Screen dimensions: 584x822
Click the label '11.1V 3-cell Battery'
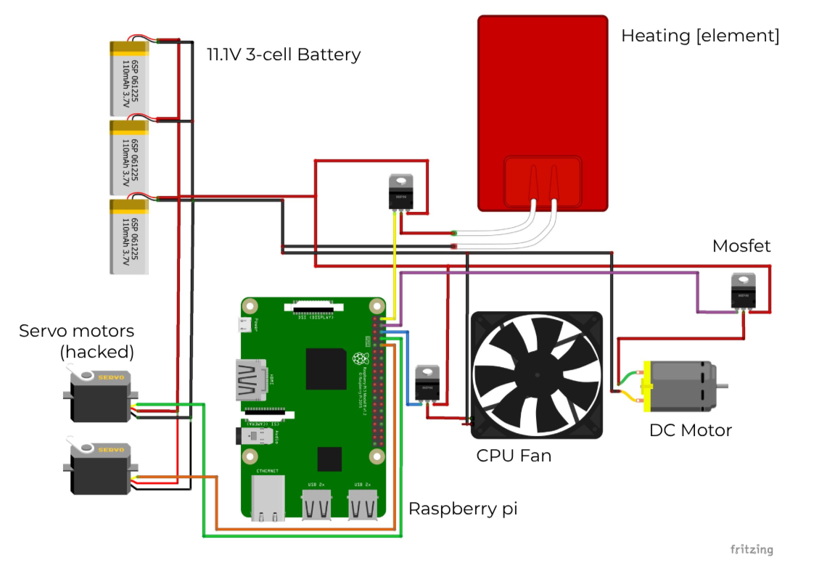click(x=283, y=54)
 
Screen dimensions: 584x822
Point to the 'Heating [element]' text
click(x=699, y=36)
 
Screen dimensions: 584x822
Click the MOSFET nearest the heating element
click(x=400, y=190)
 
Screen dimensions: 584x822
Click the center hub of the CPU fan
click(x=537, y=374)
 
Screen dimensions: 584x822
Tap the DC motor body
click(x=678, y=382)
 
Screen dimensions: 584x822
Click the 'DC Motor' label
click(x=690, y=430)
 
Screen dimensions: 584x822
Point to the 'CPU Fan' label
click(x=514, y=456)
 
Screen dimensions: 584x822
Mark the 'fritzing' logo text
click(x=751, y=549)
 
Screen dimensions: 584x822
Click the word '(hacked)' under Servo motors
click(x=96, y=352)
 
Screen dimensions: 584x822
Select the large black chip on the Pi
click(x=326, y=369)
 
